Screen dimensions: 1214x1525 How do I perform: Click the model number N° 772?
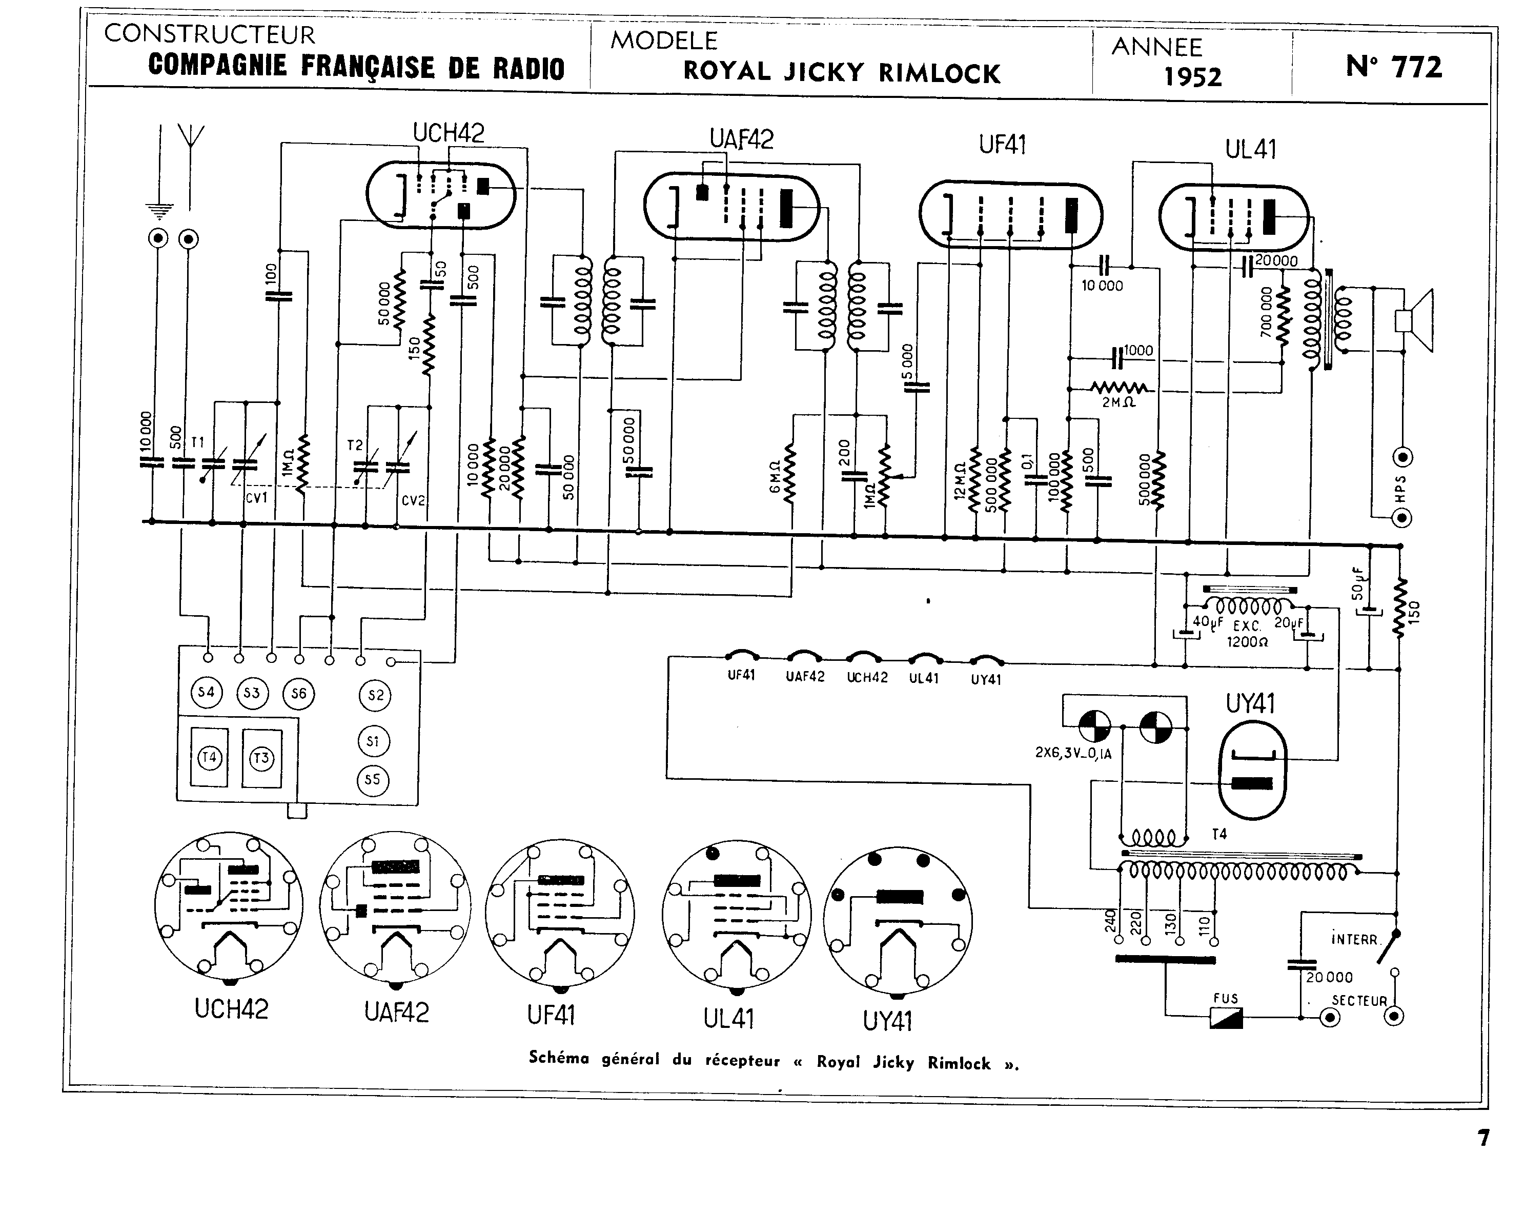(x=1393, y=67)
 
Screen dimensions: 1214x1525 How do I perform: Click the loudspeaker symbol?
(x=1413, y=320)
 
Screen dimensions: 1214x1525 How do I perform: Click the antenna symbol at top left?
(x=190, y=138)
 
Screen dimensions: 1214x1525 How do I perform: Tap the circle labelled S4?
(x=206, y=692)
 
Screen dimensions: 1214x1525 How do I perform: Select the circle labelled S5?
(x=372, y=780)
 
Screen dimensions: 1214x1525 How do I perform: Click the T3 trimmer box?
(x=262, y=758)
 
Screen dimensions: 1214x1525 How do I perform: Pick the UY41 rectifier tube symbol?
(x=1252, y=770)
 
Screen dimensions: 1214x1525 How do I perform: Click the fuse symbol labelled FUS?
(x=1225, y=1017)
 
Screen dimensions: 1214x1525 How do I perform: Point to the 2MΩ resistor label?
(x=1119, y=402)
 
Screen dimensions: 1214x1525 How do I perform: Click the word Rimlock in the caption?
(x=959, y=1063)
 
